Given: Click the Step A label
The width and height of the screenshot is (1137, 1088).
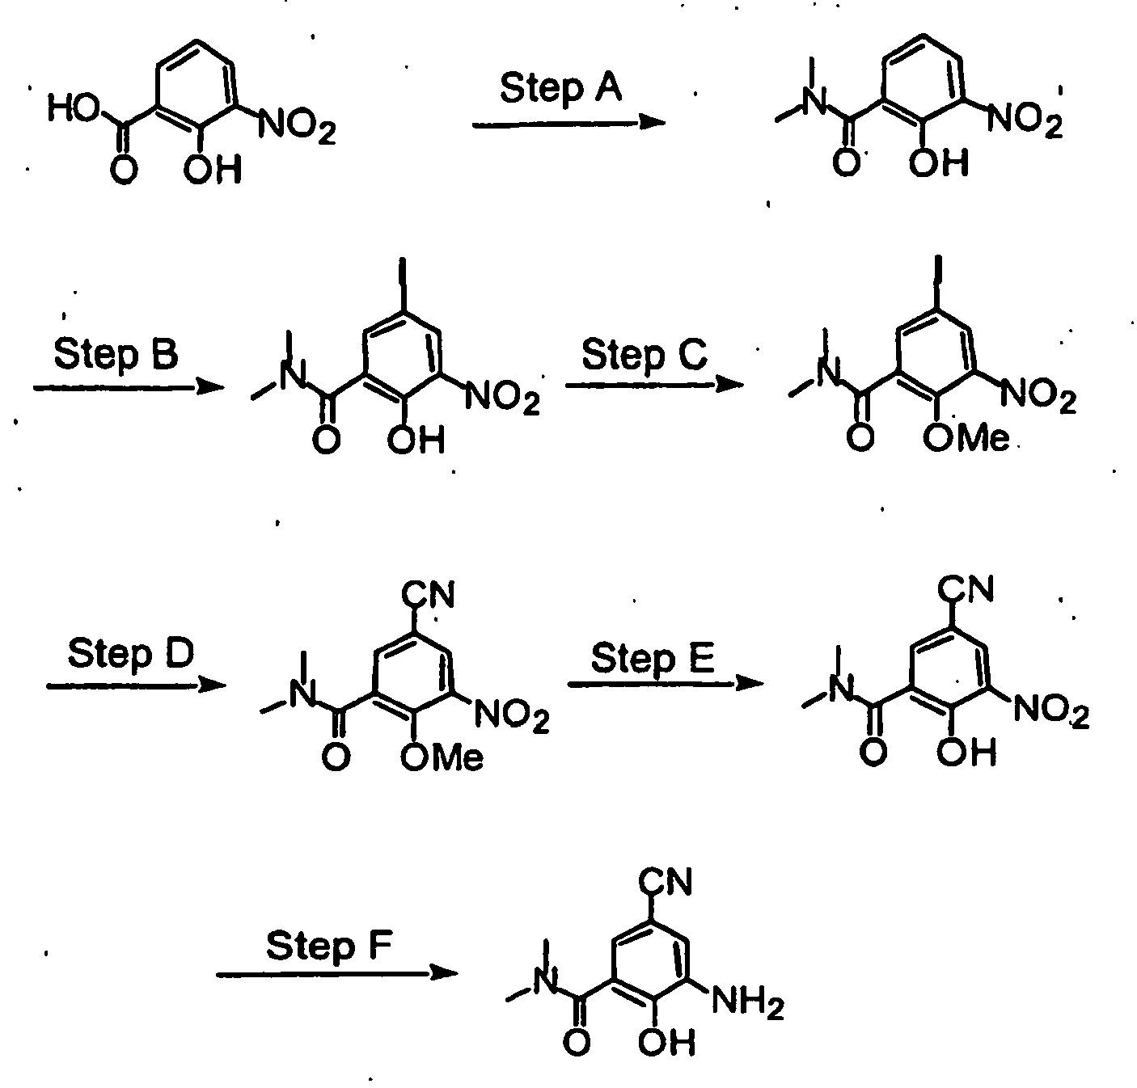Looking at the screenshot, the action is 560,89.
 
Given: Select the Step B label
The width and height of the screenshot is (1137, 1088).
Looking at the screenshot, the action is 115,355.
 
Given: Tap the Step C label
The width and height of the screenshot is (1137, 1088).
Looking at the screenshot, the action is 644,356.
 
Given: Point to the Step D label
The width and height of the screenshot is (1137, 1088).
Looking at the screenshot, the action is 130,653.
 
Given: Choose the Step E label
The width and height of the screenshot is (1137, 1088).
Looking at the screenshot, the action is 652,659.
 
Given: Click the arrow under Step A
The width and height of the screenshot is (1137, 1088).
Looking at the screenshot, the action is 568,123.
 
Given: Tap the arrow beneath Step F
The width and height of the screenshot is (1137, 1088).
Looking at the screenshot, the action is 337,973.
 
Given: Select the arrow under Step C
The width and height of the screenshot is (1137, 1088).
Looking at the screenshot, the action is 653,385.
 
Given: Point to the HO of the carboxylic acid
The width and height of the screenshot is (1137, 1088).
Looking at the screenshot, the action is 74,108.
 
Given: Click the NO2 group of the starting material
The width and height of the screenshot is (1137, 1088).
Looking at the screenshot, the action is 298,126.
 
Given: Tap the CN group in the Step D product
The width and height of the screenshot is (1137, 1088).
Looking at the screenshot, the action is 428,595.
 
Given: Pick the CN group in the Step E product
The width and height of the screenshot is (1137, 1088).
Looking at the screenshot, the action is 966,588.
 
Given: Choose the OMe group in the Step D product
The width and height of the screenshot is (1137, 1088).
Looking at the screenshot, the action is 442,757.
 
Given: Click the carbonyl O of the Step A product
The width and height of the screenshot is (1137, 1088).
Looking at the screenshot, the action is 846,162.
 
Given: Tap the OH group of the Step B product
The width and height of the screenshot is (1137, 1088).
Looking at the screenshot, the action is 416,440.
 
